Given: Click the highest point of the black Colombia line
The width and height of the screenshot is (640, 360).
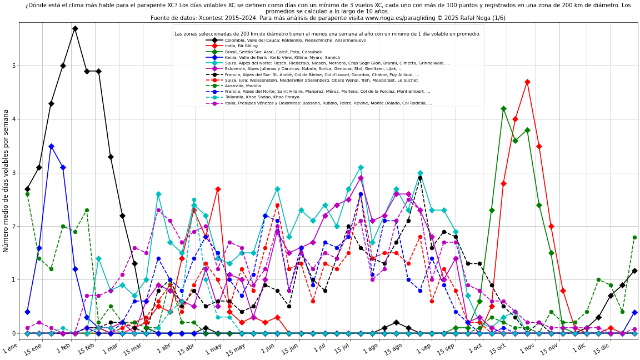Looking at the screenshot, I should tap(75, 28).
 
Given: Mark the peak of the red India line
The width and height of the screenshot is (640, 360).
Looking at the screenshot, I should tap(527, 82).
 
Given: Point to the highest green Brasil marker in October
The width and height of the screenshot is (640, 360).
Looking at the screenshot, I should tap(503, 109).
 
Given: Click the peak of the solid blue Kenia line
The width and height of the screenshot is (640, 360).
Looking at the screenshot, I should tap(51, 146).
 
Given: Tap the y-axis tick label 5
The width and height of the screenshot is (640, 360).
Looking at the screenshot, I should tap(14, 66).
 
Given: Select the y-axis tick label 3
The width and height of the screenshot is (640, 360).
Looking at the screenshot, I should tap(14, 173).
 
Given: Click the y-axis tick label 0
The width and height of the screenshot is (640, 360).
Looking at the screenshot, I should tap(14, 333).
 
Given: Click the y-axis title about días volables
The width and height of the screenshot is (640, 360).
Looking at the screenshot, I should tap(6, 181).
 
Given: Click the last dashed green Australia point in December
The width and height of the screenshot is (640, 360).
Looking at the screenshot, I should tap(634, 237).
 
